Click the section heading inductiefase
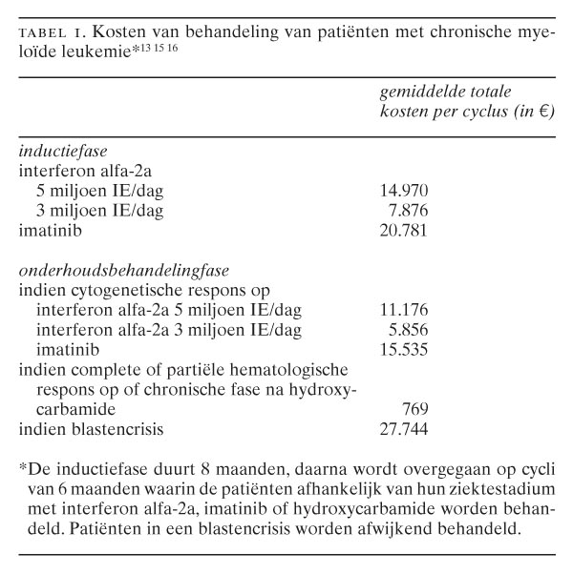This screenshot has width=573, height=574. pos(63,151)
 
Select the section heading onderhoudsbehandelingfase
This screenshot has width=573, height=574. pos(115,270)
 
